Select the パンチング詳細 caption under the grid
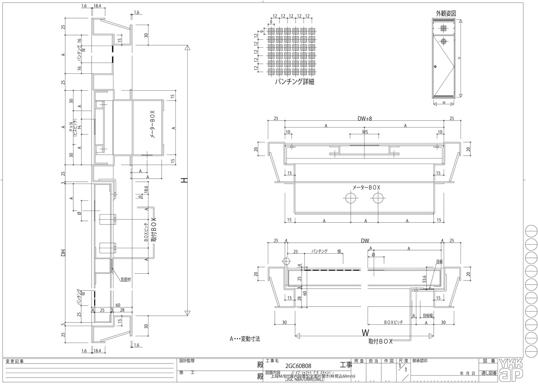tap(295, 82)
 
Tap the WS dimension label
tap(365, 132)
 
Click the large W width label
tap(365, 332)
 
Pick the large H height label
tap(184, 180)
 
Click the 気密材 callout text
tap(125, 280)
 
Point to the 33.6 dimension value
tap(424, 279)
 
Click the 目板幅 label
tap(427, 315)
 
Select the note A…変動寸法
tap(245, 339)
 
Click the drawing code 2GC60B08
tap(298, 365)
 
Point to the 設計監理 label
tap(187, 359)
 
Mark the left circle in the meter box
tap(351, 198)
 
